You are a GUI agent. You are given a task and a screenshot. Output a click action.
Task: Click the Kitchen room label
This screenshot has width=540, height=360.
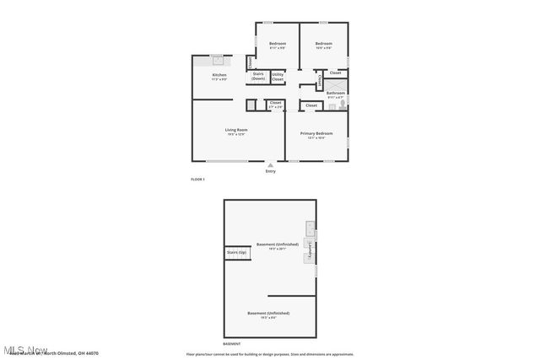(x=219, y=75)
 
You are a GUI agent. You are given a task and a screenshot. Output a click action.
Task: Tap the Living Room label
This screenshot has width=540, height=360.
(x=235, y=129)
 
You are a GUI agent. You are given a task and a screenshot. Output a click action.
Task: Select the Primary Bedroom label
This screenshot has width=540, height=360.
(x=317, y=133)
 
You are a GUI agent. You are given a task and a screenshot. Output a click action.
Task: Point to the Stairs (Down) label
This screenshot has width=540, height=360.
(x=258, y=76)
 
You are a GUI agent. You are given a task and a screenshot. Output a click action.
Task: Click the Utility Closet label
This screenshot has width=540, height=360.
(x=278, y=76)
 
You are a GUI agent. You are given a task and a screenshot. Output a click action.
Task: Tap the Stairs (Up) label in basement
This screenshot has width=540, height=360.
(x=235, y=252)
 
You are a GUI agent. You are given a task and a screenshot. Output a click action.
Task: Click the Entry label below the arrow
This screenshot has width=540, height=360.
(x=270, y=171)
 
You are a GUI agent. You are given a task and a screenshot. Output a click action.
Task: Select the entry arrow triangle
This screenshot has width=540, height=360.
(x=270, y=164)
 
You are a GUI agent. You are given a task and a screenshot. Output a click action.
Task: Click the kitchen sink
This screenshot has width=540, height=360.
(x=218, y=60)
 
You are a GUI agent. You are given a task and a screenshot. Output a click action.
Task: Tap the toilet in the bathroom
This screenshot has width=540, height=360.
(x=343, y=105)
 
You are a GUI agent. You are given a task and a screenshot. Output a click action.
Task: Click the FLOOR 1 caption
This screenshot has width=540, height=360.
(x=197, y=180)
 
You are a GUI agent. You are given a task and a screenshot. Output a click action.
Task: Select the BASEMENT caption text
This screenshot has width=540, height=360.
(x=231, y=344)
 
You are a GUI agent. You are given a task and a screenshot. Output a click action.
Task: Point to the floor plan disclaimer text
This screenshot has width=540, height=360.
(x=269, y=354)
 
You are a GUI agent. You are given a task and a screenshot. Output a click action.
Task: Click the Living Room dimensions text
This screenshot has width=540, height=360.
(x=235, y=134)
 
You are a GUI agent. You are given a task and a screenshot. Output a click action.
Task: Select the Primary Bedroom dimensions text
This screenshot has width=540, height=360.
(x=317, y=138)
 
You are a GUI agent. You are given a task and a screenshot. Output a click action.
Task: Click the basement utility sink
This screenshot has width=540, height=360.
(x=310, y=227)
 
